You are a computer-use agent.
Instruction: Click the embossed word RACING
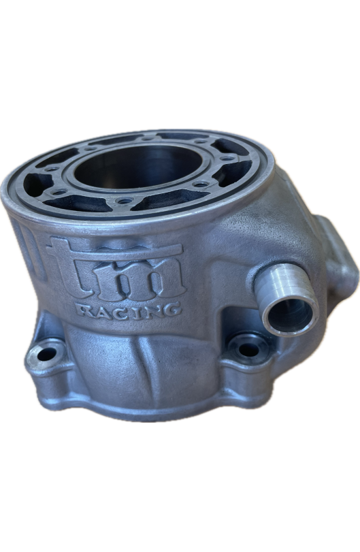[129, 310]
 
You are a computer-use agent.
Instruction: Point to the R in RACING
[85, 311]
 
